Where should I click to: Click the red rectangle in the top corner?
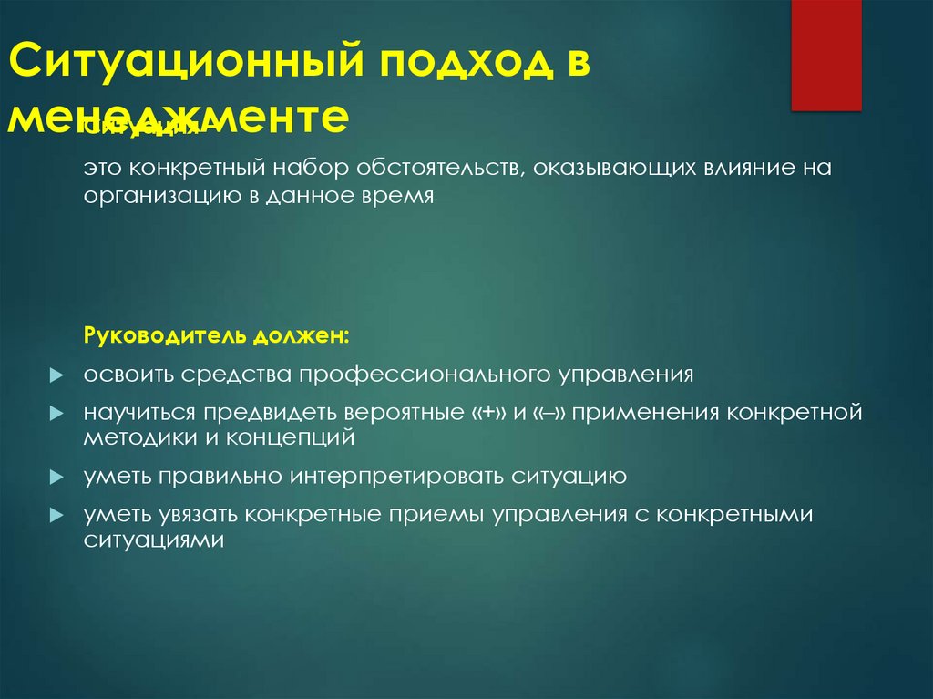click(x=825, y=55)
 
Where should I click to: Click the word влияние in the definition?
click(x=724, y=169)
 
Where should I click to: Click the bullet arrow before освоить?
click(x=56, y=375)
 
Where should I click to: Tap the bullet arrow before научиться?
click(x=56, y=413)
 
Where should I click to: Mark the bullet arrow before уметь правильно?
click(x=56, y=477)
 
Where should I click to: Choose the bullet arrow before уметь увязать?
click(x=56, y=515)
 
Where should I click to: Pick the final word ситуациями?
click(x=154, y=539)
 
